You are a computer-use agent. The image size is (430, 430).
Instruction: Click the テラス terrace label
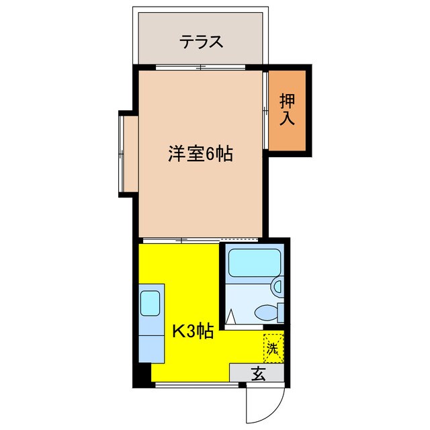201,42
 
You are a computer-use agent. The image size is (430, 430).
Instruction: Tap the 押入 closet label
288,110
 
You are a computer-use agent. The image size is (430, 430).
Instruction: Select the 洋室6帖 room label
200,155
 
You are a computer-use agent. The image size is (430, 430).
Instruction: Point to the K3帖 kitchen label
193,331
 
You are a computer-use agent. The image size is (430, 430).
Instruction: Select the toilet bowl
269,312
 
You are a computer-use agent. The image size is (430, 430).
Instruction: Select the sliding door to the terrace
202,67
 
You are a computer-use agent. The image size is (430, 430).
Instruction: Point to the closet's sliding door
265,110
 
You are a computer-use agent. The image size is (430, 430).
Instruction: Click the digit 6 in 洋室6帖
210,155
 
